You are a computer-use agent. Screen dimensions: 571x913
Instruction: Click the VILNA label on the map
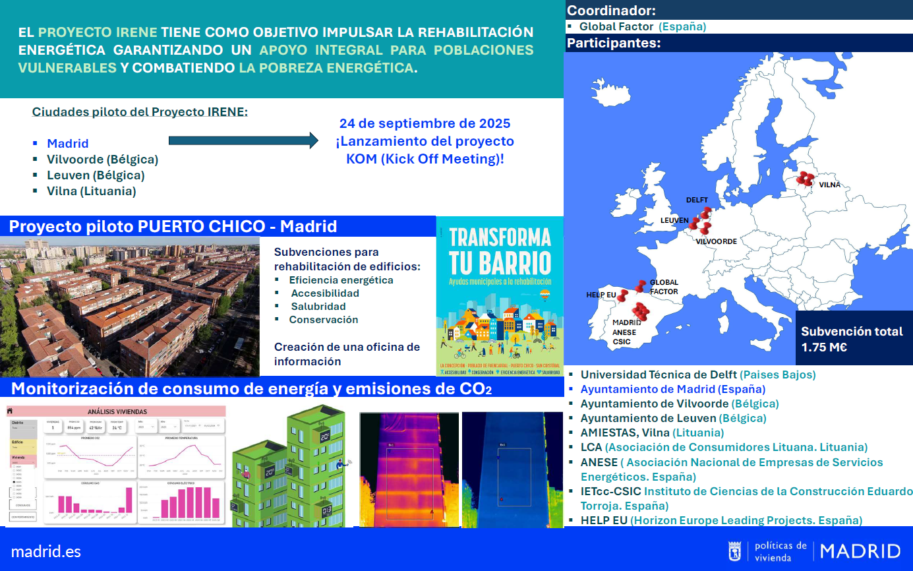[829, 185]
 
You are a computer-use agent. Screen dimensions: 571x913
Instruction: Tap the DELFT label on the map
[697, 200]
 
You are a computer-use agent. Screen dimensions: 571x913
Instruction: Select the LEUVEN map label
[674, 220]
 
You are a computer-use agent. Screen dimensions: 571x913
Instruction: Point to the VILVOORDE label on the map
[716, 241]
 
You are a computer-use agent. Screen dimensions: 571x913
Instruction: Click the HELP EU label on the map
[601, 295]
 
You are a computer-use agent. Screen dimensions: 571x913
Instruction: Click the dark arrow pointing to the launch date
[243, 140]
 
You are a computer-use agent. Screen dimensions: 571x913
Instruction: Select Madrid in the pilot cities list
[67, 143]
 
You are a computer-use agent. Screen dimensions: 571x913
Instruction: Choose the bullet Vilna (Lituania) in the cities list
[91, 191]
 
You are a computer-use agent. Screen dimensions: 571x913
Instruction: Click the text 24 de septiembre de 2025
[425, 123]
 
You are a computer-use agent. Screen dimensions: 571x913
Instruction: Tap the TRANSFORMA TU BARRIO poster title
[500, 251]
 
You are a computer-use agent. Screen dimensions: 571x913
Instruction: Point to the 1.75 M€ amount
[824, 347]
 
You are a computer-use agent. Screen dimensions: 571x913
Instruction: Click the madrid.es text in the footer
[46, 551]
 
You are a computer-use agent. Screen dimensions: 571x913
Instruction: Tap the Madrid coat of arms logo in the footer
[734, 551]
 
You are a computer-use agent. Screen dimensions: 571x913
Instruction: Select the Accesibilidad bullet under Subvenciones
[325, 293]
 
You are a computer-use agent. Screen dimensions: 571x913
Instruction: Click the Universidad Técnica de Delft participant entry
[697, 375]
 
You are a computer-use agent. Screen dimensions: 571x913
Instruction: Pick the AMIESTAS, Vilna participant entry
[651, 433]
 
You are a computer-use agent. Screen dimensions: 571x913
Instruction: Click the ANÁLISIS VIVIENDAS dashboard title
[117, 411]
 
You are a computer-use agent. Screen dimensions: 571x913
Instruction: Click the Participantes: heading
[614, 44]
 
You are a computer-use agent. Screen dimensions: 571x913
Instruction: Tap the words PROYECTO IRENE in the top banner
[98, 32]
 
